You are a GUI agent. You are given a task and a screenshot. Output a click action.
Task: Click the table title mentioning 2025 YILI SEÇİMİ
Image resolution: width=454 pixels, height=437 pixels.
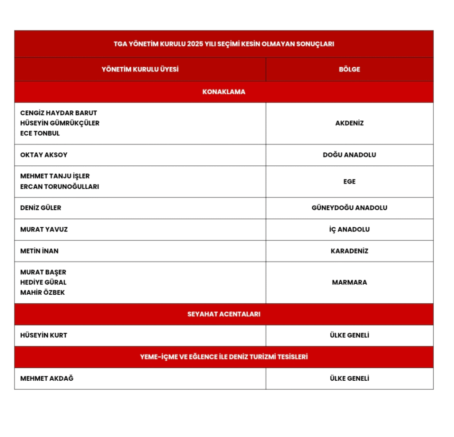coord(223,44)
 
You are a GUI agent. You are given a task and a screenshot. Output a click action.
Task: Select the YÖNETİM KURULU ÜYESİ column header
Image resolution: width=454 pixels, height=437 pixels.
coord(140,69)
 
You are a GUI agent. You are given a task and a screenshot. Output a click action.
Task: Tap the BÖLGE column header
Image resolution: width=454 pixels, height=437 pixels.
coord(349,69)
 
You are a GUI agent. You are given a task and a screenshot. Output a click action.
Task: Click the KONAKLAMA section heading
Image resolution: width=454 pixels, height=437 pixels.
coord(223,92)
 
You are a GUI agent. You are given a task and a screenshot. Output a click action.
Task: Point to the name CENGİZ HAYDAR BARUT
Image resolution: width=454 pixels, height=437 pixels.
coord(59,113)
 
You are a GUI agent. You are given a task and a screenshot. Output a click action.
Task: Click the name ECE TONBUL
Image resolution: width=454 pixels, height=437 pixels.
coord(40,133)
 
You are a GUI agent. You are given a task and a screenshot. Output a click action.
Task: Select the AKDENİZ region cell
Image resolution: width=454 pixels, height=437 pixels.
coord(349,123)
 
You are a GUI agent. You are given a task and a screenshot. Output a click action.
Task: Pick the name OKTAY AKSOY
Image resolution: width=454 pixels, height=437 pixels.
coord(44,155)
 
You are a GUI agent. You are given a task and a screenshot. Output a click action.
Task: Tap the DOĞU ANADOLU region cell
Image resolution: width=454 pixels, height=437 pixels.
coord(349,155)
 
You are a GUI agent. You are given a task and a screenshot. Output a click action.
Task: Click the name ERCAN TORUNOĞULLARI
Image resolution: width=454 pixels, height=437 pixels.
coord(59,187)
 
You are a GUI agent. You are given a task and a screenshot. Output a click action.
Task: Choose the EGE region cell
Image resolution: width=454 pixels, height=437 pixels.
coord(349,181)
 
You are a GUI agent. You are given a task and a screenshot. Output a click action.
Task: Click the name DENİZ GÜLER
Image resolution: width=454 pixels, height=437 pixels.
coord(41,208)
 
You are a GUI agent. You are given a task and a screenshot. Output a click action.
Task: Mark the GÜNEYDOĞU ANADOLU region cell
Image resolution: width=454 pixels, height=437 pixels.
coord(349,208)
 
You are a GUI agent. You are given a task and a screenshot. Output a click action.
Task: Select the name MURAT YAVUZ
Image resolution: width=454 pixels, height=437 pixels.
coord(44,230)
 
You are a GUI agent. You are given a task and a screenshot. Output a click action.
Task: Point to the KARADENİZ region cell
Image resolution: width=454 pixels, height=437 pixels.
coord(349,251)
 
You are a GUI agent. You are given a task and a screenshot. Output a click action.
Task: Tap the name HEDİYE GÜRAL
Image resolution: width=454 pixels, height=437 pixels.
coord(43,282)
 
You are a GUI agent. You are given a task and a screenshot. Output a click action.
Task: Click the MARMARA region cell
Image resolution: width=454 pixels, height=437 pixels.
coord(349,282)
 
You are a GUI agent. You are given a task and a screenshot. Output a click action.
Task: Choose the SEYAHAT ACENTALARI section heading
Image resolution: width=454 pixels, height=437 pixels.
coord(223,314)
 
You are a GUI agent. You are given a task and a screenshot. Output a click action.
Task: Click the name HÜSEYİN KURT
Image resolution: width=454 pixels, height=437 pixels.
coord(43,336)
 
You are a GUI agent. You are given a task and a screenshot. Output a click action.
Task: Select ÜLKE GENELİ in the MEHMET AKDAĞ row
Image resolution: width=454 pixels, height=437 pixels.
coord(349,378)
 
